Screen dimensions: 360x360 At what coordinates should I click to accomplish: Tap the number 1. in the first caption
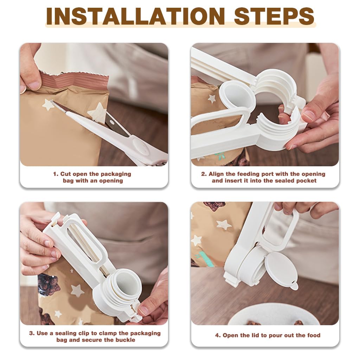tap(56, 174)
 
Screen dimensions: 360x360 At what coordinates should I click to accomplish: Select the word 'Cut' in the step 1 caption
tap(66, 174)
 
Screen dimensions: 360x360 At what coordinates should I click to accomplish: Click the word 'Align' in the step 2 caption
tap(216, 174)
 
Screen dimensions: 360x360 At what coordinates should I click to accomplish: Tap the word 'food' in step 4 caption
tap(313, 335)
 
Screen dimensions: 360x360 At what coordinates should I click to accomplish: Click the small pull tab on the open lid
tap(294, 287)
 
